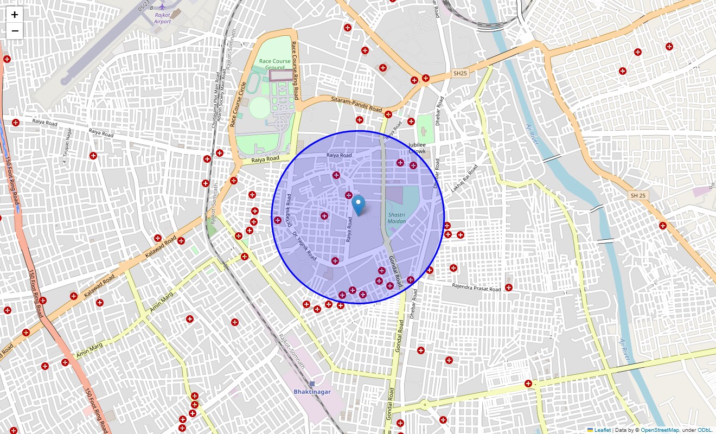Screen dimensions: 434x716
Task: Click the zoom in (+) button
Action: tap(15, 15)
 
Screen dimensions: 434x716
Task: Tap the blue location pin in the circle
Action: tap(359, 206)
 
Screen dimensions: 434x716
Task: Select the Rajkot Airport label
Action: tap(162, 18)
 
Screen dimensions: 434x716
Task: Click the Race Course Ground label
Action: tap(276, 64)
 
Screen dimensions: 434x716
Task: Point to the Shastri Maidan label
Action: tap(397, 218)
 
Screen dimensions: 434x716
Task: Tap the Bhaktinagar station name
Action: tap(312, 392)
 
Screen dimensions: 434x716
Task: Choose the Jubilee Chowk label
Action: tap(417, 148)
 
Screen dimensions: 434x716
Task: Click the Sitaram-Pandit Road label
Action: tap(356, 104)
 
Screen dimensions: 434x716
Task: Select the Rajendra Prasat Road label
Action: tap(476, 288)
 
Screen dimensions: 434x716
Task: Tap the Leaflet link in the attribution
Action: tap(602, 430)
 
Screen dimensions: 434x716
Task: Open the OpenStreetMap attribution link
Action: tap(660, 430)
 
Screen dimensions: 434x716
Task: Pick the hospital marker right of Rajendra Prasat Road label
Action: tap(509, 287)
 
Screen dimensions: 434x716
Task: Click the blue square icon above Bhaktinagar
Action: tap(312, 384)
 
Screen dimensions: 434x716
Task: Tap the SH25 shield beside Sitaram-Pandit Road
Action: tap(460, 73)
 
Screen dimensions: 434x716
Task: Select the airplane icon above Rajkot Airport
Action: tap(162, 7)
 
